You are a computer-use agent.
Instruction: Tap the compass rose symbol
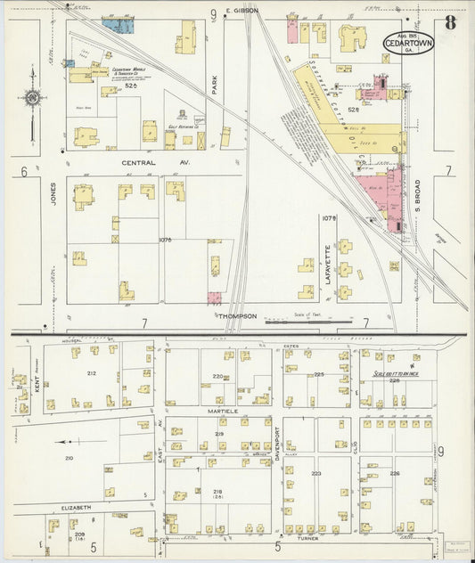pyautogui.click(x=33, y=97)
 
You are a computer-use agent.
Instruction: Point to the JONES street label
pyautogui.click(x=53, y=205)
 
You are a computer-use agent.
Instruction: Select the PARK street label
pyautogui.click(x=215, y=85)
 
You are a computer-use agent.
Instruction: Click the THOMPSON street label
pyautogui.click(x=238, y=315)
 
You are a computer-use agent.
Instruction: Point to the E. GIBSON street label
pyautogui.click(x=241, y=11)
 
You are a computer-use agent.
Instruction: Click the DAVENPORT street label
pyautogui.click(x=278, y=445)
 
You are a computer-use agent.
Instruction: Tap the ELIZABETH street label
pyautogui.click(x=76, y=507)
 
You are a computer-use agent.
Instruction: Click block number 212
pyautogui.click(x=91, y=373)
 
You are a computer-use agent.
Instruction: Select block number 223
pyautogui.click(x=315, y=473)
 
